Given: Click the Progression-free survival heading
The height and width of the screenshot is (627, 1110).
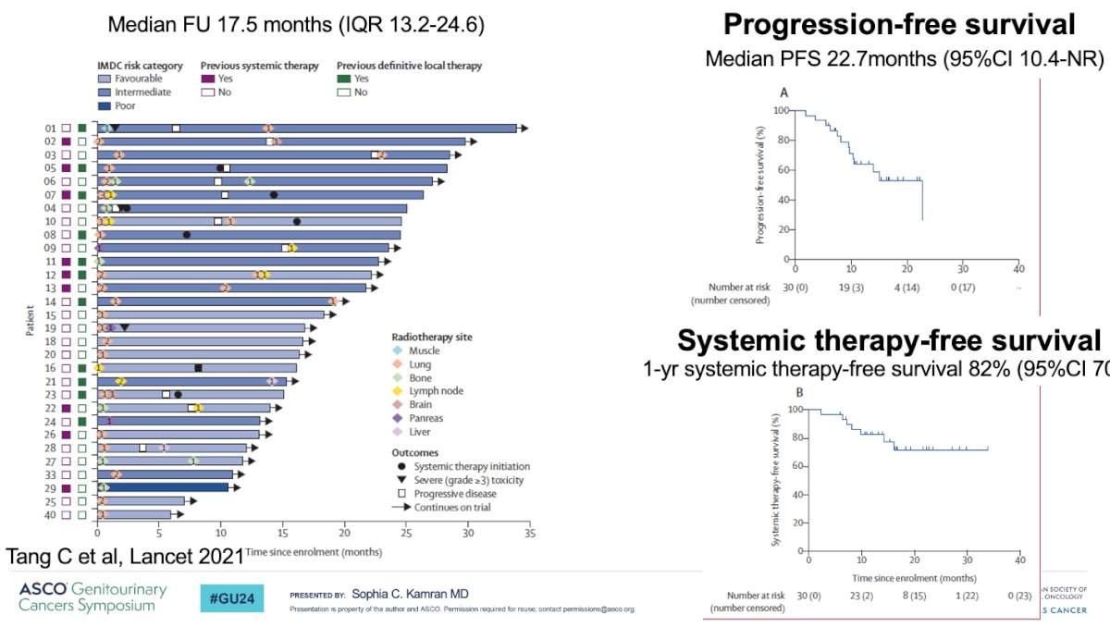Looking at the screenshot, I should click(899, 25).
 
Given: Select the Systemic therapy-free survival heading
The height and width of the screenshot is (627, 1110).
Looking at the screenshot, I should click(890, 340).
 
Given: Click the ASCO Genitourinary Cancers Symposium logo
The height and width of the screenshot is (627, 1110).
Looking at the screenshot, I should click(92, 597).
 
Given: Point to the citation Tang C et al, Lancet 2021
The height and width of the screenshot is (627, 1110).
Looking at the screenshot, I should click(125, 557).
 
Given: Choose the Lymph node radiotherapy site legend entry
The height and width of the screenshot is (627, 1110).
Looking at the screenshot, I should click(434, 391).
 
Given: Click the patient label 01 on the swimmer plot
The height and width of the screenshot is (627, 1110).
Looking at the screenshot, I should click(51, 129).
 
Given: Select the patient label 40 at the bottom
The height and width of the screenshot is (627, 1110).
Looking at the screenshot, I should click(51, 514).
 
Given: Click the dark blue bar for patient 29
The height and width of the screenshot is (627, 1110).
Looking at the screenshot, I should click(162, 487).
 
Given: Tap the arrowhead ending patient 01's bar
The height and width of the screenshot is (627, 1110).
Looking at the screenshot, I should click(523, 129).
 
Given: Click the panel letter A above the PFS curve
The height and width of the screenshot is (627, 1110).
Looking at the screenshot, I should click(784, 92).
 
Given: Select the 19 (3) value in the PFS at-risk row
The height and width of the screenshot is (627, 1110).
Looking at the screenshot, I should click(850, 289).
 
